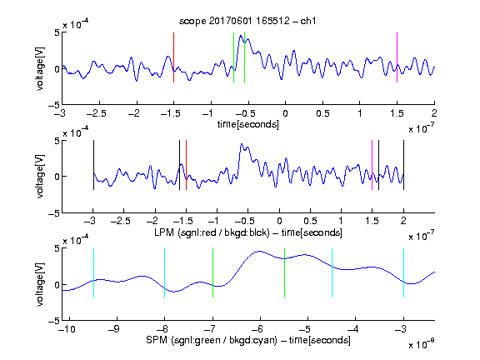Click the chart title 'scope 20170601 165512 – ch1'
tap(247, 21)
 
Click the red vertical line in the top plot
tap(173, 57)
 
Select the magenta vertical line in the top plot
tap(397, 57)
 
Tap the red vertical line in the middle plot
tap(186, 165)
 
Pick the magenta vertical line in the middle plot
tap(372, 165)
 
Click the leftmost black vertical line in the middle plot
tap(93, 165)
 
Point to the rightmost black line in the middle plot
tap(403, 165)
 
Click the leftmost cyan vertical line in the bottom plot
tap(93, 272)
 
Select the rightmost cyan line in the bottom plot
tap(403, 272)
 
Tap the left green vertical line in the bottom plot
tap(212, 272)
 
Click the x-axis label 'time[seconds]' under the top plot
tap(248, 124)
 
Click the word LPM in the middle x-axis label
tap(164, 232)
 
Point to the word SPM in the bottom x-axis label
tap(157, 340)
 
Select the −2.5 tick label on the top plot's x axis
tap(96, 113)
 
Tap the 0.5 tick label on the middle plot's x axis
tap(310, 222)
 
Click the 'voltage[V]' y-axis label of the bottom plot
tap(40, 284)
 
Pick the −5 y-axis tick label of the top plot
tap(54, 105)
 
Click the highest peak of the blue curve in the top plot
tap(241, 36)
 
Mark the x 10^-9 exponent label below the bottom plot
tap(421, 344)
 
